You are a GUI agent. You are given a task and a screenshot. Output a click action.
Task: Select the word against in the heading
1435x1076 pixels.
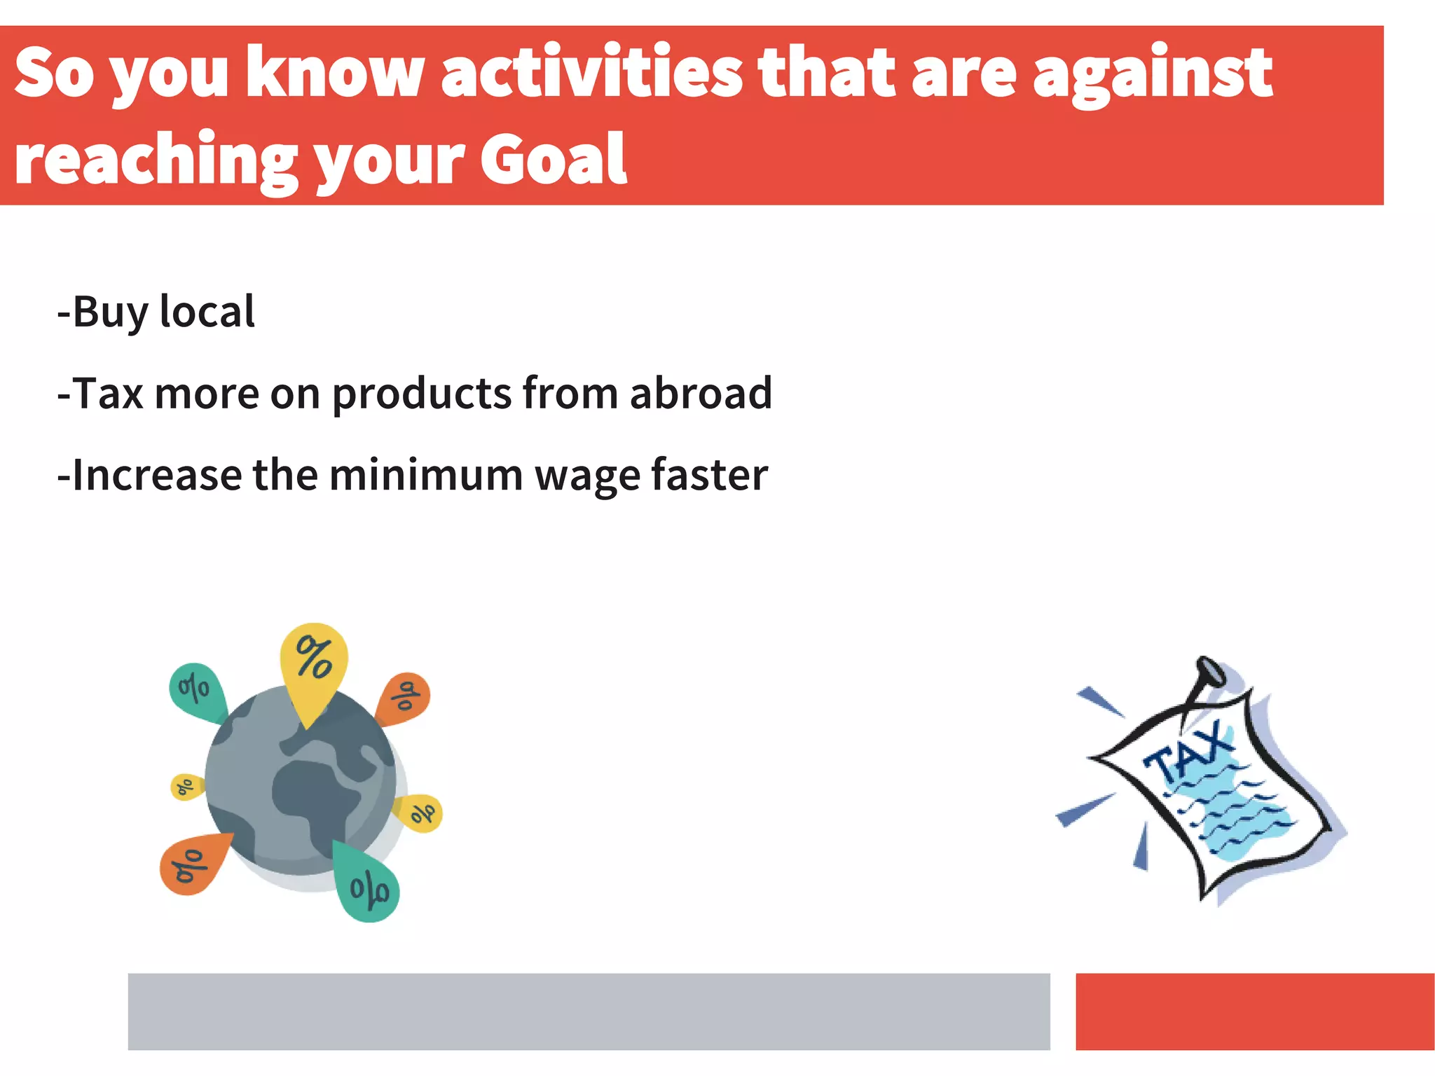(1153, 74)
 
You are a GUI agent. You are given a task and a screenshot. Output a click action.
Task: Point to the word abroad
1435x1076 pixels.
(701, 393)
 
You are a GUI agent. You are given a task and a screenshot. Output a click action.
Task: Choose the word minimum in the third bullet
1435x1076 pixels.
(426, 475)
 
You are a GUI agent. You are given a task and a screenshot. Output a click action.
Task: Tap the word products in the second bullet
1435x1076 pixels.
(422, 394)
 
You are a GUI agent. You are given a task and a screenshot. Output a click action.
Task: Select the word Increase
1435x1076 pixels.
(156, 475)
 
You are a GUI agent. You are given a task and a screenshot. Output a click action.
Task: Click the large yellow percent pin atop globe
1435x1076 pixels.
(314, 659)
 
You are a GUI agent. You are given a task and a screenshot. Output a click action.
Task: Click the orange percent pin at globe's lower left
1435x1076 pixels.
(191, 864)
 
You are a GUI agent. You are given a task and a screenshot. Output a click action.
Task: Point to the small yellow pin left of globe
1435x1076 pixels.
(185, 787)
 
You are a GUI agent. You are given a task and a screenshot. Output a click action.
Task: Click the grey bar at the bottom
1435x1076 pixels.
(589, 1011)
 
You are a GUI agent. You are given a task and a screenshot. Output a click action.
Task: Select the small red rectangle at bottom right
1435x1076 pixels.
(1254, 1011)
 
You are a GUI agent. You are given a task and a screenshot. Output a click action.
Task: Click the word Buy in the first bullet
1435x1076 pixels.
(109, 312)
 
